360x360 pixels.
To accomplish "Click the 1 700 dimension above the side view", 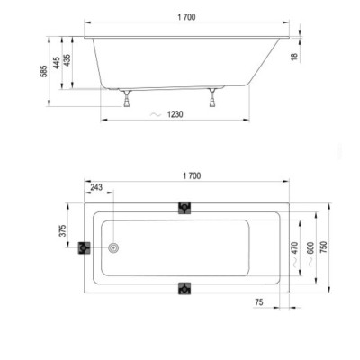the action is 186,17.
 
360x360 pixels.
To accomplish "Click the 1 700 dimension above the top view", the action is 192,176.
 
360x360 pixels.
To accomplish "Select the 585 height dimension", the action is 44,71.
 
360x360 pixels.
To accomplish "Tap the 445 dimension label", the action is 57,63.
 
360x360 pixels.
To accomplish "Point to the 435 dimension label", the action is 67,60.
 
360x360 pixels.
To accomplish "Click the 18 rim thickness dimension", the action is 294,56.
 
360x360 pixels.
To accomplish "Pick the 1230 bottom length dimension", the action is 175,114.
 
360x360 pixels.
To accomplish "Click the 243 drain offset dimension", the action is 96,187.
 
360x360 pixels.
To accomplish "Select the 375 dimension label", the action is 62,230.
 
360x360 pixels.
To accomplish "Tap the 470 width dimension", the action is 294,247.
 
